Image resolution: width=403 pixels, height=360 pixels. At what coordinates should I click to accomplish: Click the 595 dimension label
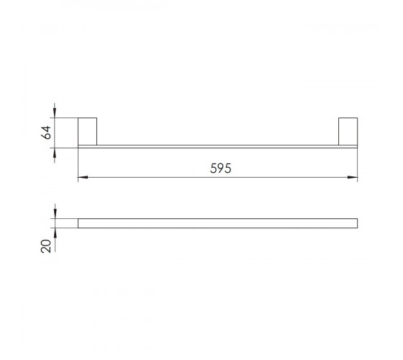tap(220, 168)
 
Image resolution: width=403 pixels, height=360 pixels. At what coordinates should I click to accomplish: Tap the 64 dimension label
tap(46, 132)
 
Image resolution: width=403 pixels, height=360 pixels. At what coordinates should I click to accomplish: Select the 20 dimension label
tap(46, 246)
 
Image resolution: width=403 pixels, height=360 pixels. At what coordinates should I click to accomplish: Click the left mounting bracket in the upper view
tap(87, 131)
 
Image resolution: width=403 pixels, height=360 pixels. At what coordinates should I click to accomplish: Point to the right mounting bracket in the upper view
tap(348, 131)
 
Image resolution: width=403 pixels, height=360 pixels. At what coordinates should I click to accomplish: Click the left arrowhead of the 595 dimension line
tap(83, 177)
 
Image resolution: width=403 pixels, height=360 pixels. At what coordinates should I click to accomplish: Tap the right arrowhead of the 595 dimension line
tap(353, 177)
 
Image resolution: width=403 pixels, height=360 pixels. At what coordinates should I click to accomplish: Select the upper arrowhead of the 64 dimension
tap(55, 112)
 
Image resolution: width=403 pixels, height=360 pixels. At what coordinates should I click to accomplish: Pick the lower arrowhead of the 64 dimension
tap(55, 153)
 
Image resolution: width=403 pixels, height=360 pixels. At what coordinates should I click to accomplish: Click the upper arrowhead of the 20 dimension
tap(55, 213)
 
